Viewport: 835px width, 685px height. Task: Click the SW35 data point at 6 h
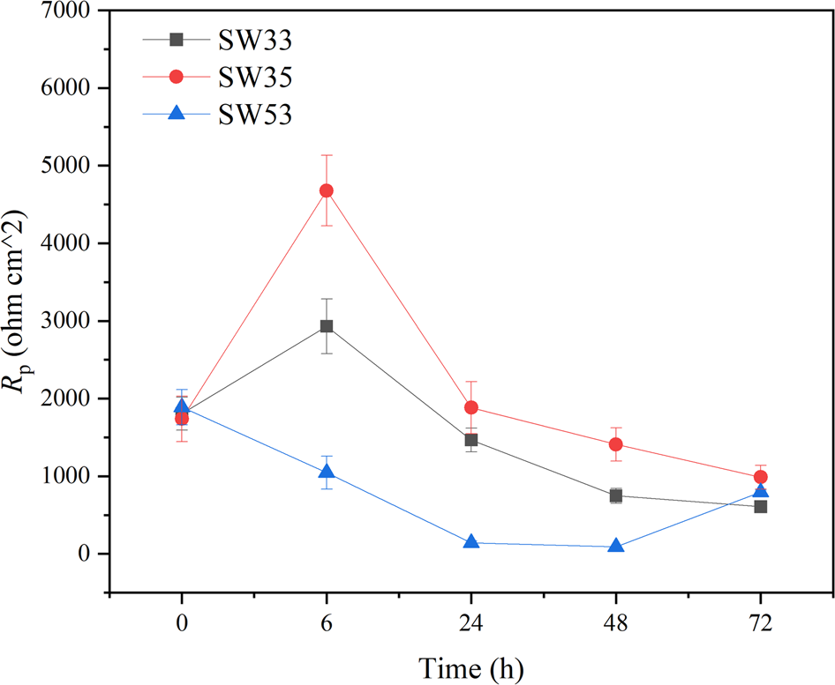(x=326, y=190)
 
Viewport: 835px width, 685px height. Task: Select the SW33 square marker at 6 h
(x=326, y=326)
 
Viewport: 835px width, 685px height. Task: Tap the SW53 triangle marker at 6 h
(x=326, y=472)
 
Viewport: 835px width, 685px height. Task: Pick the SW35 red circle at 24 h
(x=470, y=407)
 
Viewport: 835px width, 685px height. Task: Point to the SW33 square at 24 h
(x=470, y=440)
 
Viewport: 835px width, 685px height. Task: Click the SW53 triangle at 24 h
(x=470, y=542)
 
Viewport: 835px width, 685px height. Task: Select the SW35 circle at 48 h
(x=615, y=444)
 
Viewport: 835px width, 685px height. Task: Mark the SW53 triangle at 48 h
(x=615, y=546)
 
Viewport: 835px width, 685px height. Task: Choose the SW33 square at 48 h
(x=615, y=495)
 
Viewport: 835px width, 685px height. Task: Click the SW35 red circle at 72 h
(x=760, y=477)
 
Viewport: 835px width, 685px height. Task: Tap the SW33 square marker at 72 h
(x=760, y=507)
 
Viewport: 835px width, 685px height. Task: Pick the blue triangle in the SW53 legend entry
(x=176, y=115)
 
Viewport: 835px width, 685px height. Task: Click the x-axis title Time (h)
(x=470, y=666)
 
